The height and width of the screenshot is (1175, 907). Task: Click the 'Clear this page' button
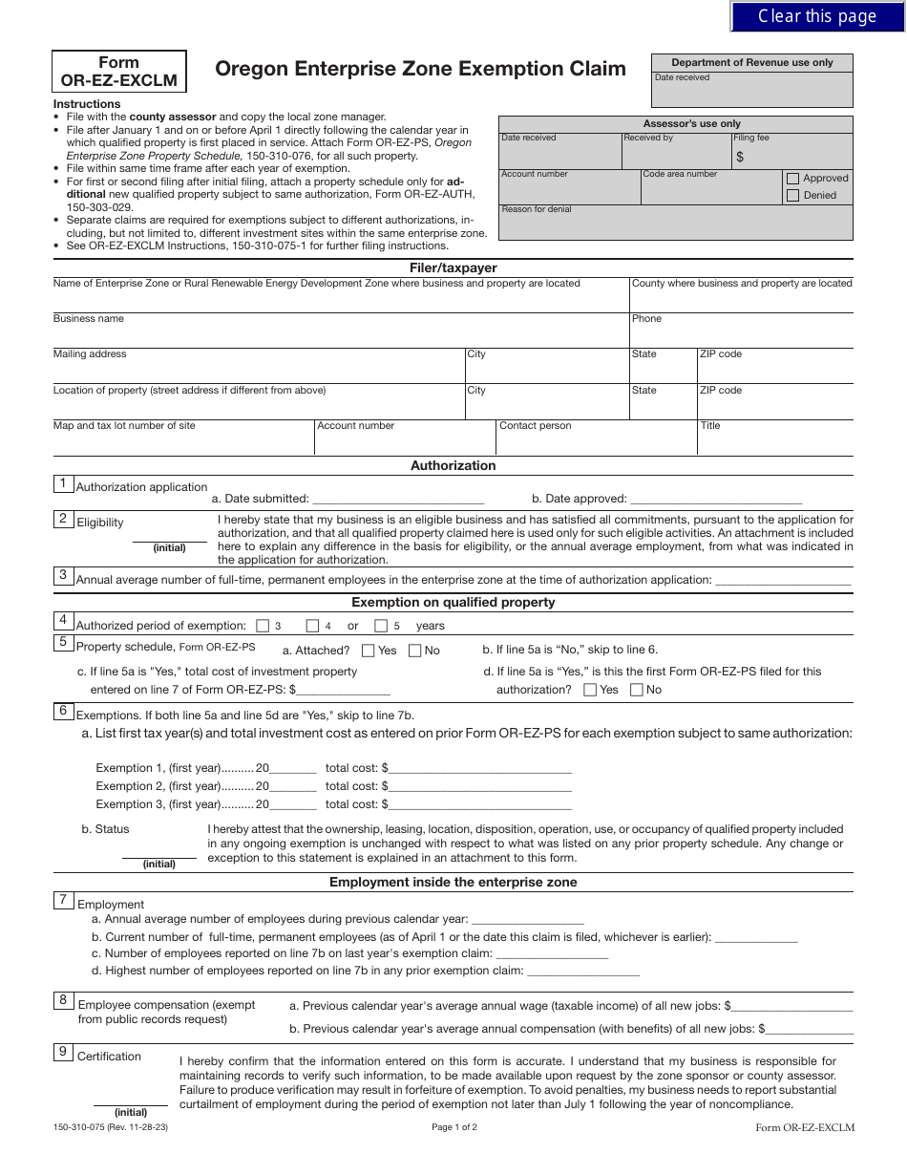click(x=817, y=16)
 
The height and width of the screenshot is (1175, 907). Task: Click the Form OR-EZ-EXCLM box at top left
click(x=119, y=72)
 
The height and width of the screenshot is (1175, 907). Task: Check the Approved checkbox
click(x=792, y=179)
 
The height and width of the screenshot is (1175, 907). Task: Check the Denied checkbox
click(x=792, y=196)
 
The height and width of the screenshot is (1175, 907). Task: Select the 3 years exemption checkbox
click(x=263, y=626)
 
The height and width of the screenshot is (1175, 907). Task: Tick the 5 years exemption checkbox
click(x=381, y=626)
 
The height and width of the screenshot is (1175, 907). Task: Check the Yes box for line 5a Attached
click(x=369, y=651)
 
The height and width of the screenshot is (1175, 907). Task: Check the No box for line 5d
click(x=637, y=690)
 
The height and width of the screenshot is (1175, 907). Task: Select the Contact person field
click(x=596, y=440)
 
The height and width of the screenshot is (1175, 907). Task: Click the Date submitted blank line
click(x=398, y=499)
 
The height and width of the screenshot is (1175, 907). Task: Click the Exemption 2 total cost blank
click(x=480, y=787)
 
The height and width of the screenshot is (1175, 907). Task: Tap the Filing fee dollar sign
click(x=740, y=157)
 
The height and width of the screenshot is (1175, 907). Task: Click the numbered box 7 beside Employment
click(x=63, y=900)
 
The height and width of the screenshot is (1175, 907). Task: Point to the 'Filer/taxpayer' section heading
click(x=453, y=268)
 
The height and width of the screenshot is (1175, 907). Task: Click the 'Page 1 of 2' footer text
click(x=453, y=1127)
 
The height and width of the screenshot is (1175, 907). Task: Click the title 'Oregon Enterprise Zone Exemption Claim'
click(x=420, y=69)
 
